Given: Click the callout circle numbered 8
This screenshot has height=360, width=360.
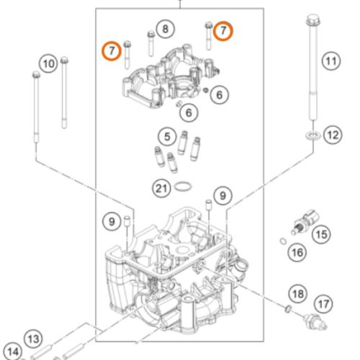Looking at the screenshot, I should point(165,30).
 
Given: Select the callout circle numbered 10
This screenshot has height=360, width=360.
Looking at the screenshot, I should point(48,63).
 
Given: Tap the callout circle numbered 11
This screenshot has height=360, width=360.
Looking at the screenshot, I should point(330,61).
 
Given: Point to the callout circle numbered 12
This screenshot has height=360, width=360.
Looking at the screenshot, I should point(331,133).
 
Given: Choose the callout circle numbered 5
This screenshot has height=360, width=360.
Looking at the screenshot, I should point(167,135).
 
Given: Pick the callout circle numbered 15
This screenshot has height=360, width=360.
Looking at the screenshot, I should point(321,233).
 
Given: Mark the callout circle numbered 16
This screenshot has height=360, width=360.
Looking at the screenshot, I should point(296,252).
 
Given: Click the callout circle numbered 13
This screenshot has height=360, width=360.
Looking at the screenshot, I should point(33,338).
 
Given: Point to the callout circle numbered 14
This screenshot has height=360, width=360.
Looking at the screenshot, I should point(13,353).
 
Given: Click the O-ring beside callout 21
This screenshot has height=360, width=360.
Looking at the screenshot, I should point(184,189).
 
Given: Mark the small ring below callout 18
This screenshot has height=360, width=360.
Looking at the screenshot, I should point(287,310).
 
